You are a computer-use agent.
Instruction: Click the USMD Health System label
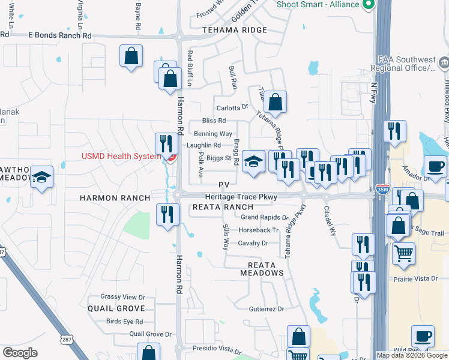coord(121,157)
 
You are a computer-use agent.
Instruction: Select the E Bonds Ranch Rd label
coord(60,35)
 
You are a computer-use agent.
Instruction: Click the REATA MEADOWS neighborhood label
coord(262,269)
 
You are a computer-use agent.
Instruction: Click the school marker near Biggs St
coord(254,161)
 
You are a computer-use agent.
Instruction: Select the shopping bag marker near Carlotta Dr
coord(275,103)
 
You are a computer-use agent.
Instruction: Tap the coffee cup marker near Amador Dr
coord(435,166)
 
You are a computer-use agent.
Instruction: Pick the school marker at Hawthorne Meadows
coord(42,177)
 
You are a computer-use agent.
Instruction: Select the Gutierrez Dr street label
coord(266,309)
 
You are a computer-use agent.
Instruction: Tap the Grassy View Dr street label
coord(122,297)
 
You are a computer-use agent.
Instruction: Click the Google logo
coord(20,353)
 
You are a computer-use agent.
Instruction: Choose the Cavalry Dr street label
coord(253,243)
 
